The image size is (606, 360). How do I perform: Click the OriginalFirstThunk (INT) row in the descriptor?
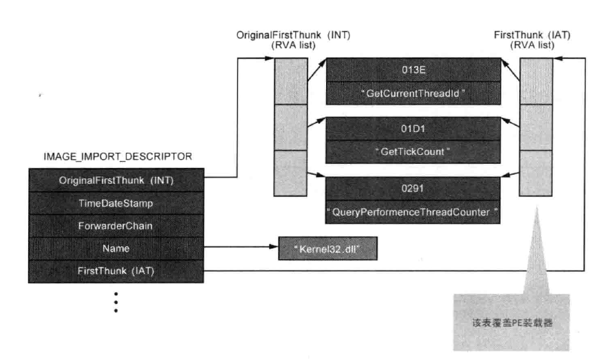[116, 180]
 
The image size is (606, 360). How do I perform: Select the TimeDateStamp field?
[116, 203]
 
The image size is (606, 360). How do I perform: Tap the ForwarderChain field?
[116, 224]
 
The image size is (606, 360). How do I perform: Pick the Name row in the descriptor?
[116, 247]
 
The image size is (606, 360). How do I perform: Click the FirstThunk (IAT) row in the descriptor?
[116, 270]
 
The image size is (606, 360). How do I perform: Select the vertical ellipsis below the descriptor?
[116, 301]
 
